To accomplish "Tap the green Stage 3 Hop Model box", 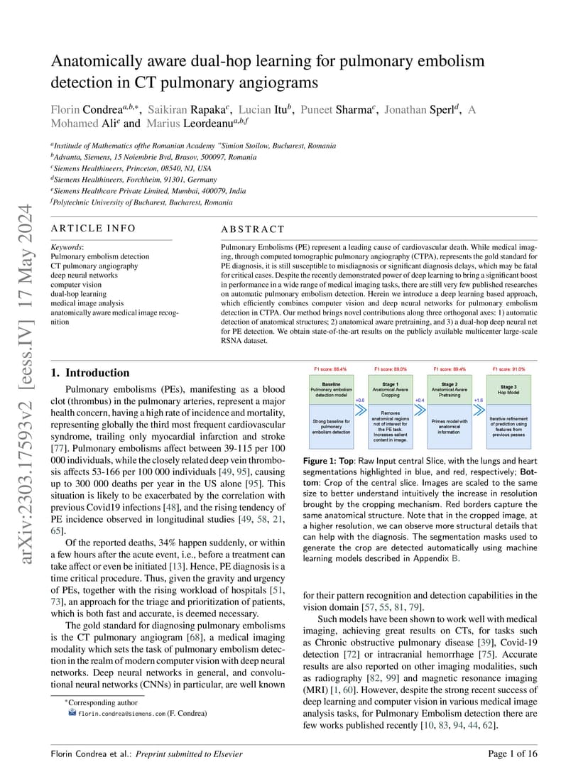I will tap(508, 390).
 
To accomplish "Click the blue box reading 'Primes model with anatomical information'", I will tap(450, 425).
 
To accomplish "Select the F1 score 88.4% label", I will tap(331, 369).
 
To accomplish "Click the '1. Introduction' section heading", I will tap(90, 373).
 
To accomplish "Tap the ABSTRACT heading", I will tap(253, 229).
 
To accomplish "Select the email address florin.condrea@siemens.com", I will tap(121, 713).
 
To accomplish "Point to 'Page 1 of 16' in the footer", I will tap(513, 754).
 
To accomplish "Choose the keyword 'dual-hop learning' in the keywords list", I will tap(79, 293).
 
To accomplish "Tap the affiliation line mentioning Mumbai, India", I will tap(149, 191).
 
